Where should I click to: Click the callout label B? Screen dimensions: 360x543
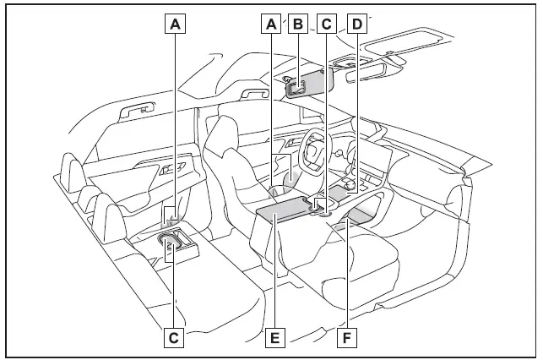296,25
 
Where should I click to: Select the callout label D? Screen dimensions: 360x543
357,25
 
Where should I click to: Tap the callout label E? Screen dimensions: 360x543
272,338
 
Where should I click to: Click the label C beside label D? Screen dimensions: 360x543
325,25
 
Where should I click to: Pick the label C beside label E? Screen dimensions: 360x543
173,338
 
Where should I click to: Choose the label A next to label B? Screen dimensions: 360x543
271,25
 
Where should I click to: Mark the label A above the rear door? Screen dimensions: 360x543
175,25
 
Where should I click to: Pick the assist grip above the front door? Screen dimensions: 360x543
254,93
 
